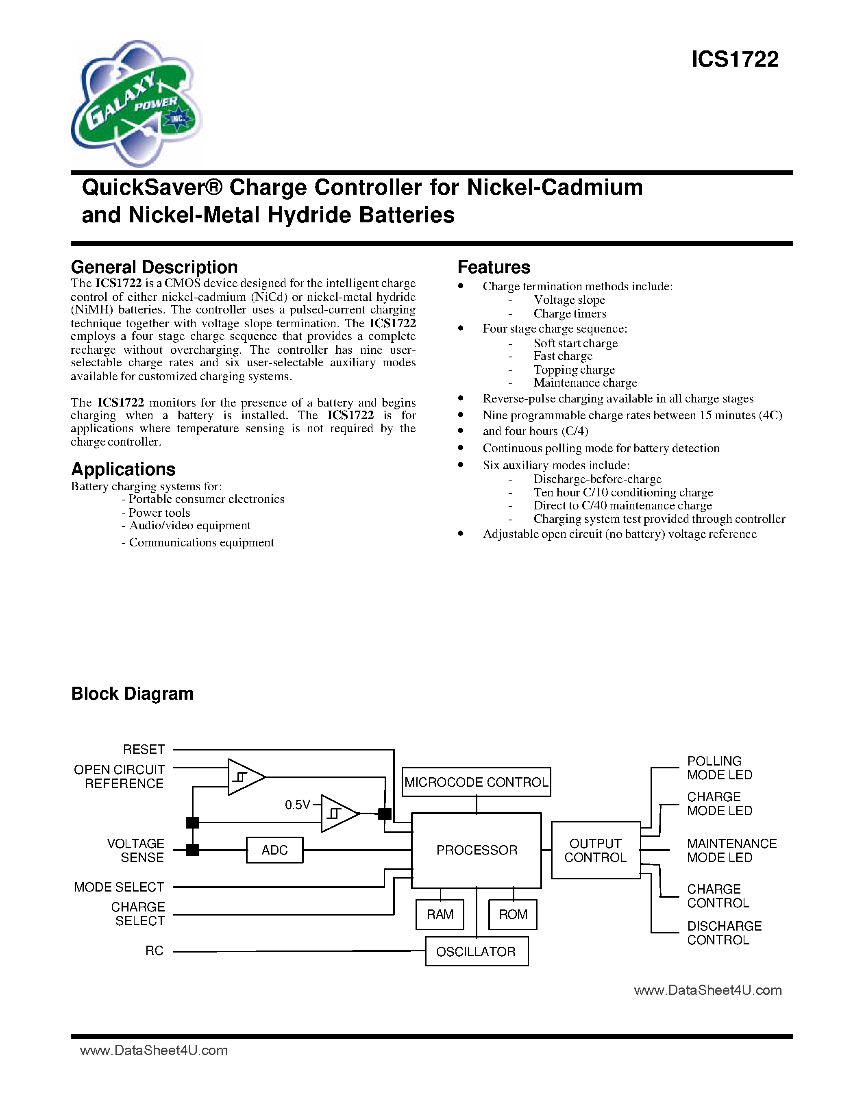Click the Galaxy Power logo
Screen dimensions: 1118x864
point(136,104)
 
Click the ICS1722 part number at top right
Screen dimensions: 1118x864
point(735,59)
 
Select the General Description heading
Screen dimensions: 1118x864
point(154,267)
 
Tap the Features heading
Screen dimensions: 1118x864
point(494,267)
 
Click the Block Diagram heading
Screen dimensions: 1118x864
point(132,694)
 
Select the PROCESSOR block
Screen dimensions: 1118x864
point(477,850)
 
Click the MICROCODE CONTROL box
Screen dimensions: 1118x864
point(476,782)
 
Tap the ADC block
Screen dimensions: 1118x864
point(274,850)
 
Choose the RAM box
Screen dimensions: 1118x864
point(440,914)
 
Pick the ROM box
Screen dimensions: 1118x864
point(513,914)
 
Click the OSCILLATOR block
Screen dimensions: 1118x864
point(476,952)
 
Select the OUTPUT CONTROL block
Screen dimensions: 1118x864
point(595,850)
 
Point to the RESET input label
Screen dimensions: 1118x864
point(144,749)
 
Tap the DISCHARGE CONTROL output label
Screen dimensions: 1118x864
point(724,933)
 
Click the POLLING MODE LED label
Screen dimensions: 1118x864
point(719,768)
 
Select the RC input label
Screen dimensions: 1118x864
point(154,951)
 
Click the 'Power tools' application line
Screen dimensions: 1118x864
point(159,512)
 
